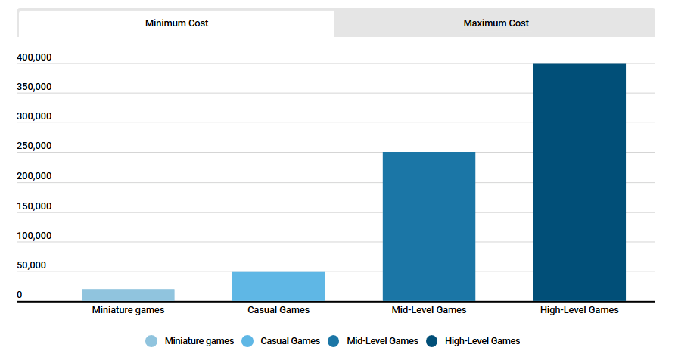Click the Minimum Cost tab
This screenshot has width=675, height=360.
(176, 23)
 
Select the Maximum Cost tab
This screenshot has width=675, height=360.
(496, 23)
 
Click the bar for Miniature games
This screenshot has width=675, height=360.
(128, 295)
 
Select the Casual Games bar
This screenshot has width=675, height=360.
(278, 286)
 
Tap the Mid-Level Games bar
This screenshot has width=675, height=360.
(429, 227)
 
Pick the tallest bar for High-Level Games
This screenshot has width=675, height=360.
(580, 182)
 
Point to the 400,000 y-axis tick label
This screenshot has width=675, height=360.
(33, 57)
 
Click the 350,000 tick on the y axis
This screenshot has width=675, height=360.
(33, 87)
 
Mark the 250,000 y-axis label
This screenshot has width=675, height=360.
(33, 147)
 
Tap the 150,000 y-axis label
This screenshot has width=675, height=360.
(33, 206)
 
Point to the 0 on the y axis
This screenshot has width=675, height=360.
(20, 295)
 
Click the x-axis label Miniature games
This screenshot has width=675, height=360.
(128, 310)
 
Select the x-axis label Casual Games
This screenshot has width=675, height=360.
(278, 310)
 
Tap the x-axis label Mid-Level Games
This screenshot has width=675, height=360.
(429, 310)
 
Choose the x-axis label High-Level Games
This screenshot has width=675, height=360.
(580, 310)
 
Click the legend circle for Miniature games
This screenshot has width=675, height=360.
(151, 341)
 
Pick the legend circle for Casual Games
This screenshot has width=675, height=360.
(247, 341)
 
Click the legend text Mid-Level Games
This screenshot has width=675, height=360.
(382, 341)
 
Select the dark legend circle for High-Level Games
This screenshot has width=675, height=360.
(432, 341)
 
